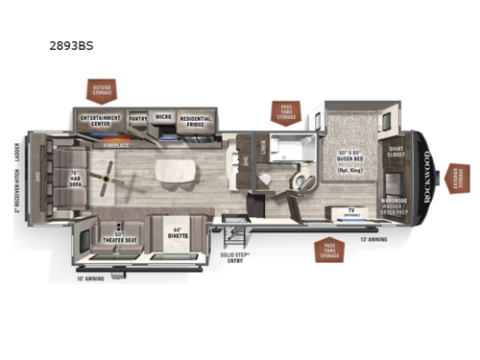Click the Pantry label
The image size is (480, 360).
point(137,120)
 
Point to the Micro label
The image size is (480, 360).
point(162,120)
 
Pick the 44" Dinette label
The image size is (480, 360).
point(176,233)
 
